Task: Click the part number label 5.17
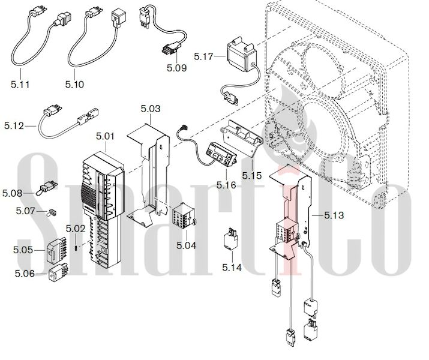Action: click(203, 56)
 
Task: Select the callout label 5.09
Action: click(177, 68)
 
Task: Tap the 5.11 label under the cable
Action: click(20, 84)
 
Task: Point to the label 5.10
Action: click(74, 84)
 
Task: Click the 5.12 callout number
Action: click(14, 126)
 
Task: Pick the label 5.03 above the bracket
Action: click(151, 109)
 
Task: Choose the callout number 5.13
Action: click(334, 215)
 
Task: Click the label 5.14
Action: click(232, 267)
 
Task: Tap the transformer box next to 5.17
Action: click(242, 53)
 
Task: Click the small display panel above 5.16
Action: click(221, 154)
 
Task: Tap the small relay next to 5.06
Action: click(58, 272)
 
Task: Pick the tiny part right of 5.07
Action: click(52, 212)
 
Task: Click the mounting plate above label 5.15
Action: click(242, 137)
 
